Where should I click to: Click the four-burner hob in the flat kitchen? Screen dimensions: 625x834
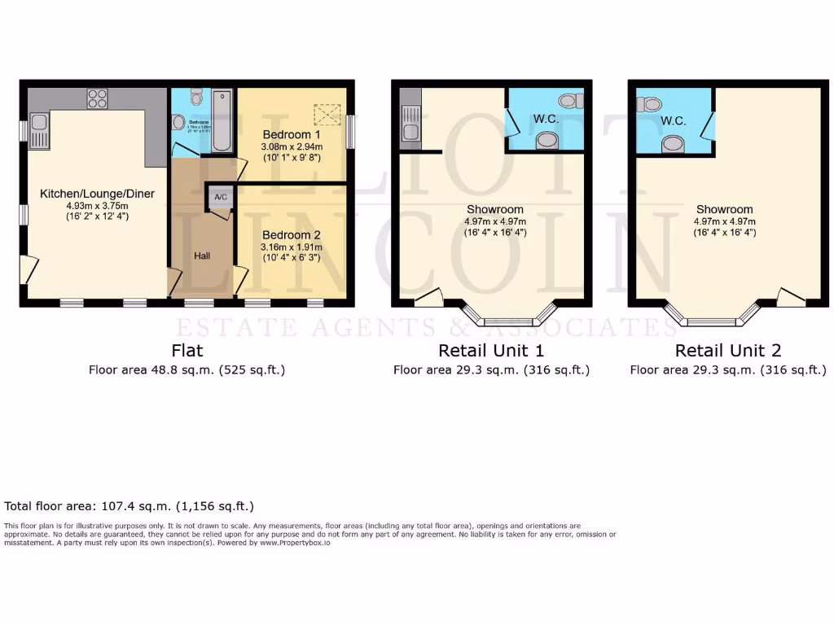pos(97,98)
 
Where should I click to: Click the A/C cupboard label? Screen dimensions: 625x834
pos(220,197)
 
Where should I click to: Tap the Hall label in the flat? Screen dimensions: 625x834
pos(202,256)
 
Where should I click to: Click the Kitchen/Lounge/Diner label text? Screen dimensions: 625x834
pos(97,194)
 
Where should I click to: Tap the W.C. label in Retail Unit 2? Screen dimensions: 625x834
pos(673,121)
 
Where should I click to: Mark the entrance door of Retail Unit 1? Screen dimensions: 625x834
pos(428,298)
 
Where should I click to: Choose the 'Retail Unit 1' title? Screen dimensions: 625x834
pos(491,351)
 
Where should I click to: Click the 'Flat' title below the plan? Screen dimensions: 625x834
pos(187,351)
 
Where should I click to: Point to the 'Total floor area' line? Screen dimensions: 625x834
pos(129,505)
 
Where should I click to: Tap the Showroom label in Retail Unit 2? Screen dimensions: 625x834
pos(724,209)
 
